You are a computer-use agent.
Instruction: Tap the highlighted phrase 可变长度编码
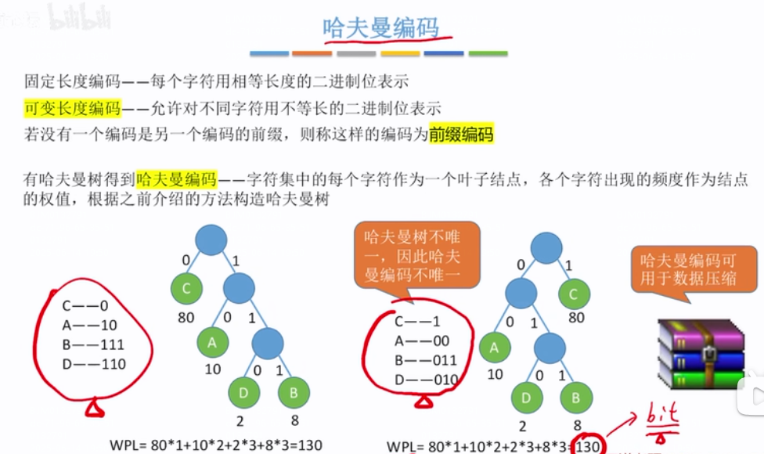pyautogui.click(x=72, y=108)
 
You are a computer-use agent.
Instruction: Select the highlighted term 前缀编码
pyautogui.click(x=461, y=135)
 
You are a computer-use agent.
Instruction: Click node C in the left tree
pyautogui.click(x=186, y=289)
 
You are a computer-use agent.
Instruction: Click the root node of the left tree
pyautogui.click(x=211, y=239)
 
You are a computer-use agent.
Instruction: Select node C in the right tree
pyautogui.click(x=574, y=294)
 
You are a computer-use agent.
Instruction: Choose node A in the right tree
pyautogui.click(x=494, y=346)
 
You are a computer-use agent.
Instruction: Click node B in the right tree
pyautogui.click(x=575, y=398)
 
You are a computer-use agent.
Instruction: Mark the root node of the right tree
pyautogui.click(x=546, y=248)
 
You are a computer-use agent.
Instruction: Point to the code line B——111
pyautogui.click(x=92, y=344)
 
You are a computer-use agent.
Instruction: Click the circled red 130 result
pyautogui.click(x=587, y=446)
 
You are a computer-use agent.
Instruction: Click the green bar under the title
pyautogui.click(x=487, y=54)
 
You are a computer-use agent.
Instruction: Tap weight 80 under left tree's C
pyautogui.click(x=186, y=318)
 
